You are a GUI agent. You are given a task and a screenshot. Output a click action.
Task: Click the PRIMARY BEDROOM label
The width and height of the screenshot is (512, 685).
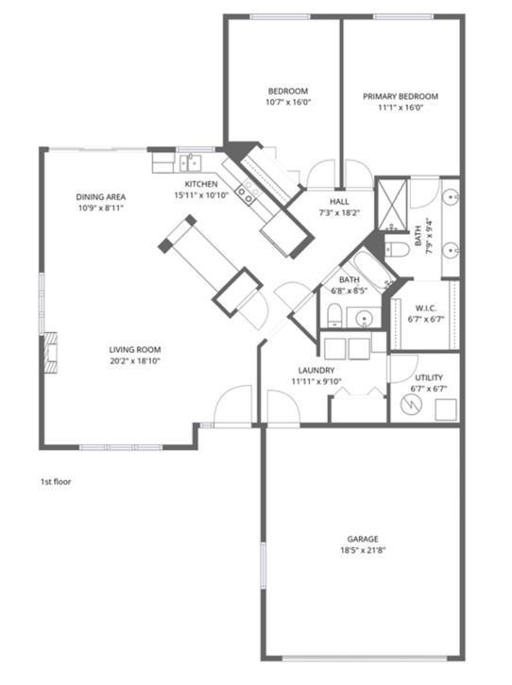[x=401, y=96]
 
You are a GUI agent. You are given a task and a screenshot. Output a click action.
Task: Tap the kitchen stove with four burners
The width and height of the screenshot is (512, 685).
[x=247, y=194]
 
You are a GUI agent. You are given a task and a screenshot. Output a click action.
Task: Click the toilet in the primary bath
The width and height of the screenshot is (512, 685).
[x=397, y=250]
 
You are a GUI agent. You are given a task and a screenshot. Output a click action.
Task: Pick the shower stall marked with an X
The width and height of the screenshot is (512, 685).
[x=390, y=203]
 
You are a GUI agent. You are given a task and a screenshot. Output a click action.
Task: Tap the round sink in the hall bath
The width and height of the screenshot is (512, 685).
[x=362, y=318]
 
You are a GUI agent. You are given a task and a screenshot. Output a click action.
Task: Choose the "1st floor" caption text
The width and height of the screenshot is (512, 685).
[x=56, y=482]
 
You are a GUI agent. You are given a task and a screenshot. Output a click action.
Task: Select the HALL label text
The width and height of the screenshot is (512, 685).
[x=340, y=202]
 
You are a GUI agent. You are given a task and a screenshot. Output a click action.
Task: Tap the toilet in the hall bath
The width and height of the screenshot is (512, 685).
[x=335, y=315]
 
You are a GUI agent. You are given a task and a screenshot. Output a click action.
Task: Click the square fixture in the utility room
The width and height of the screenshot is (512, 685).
[x=444, y=409]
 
